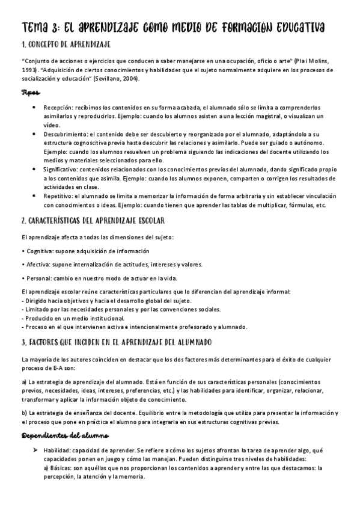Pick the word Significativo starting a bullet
[x=61, y=170]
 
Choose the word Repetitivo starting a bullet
[x=58, y=196]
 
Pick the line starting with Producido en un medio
[x=73, y=318]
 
